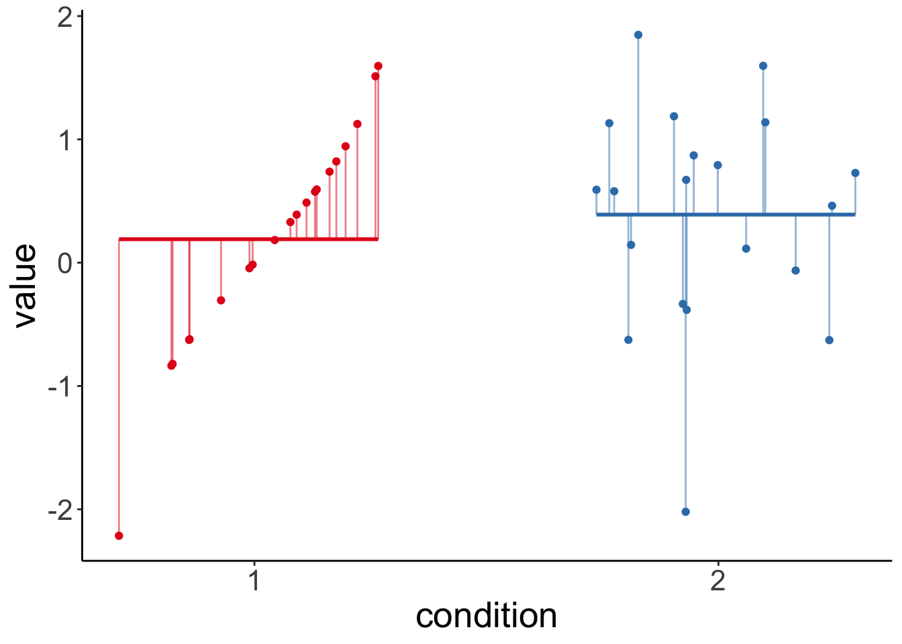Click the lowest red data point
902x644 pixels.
(119, 535)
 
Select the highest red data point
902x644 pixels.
(378, 66)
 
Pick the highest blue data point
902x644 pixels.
(638, 35)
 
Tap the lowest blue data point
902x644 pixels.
(685, 512)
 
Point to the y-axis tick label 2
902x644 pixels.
(65, 17)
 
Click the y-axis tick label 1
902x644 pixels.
(65, 140)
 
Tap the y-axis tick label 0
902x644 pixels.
(65, 263)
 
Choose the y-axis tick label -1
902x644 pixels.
(60, 386)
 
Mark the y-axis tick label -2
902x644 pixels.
(60, 510)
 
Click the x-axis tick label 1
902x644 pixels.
(254, 581)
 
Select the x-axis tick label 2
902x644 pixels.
(718, 581)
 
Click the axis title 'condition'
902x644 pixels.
(487, 616)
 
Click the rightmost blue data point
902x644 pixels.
(855, 173)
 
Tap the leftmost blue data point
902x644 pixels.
(596, 190)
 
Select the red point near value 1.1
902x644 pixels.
(357, 124)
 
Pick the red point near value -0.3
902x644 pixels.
(221, 300)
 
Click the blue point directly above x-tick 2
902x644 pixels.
(717, 165)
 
